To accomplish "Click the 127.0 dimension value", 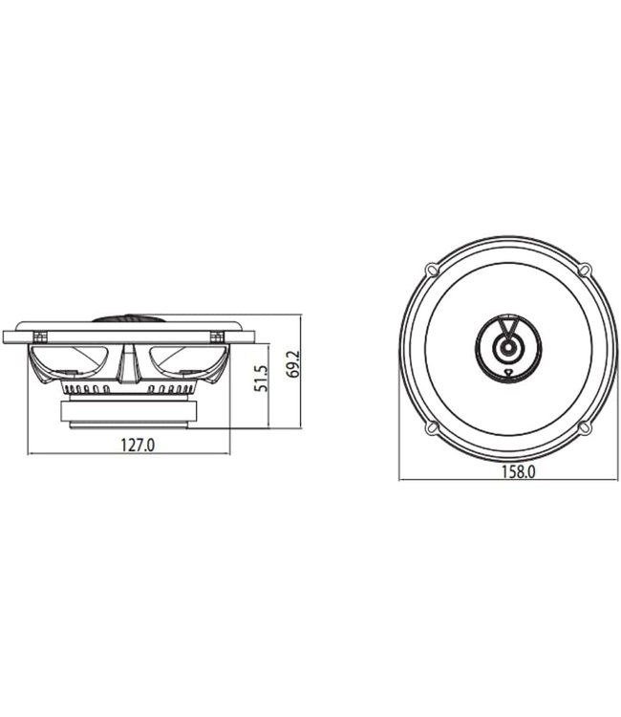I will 138,444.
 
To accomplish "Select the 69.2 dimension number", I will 293,363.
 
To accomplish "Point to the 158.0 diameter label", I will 516,470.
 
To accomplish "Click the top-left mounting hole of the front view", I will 433,270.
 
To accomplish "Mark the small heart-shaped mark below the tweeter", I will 509,372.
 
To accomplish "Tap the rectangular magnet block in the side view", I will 129,412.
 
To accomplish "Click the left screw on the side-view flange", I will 40,336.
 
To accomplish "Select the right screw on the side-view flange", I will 218,336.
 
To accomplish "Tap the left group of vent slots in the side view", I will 86,389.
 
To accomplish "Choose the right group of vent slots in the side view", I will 172,389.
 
